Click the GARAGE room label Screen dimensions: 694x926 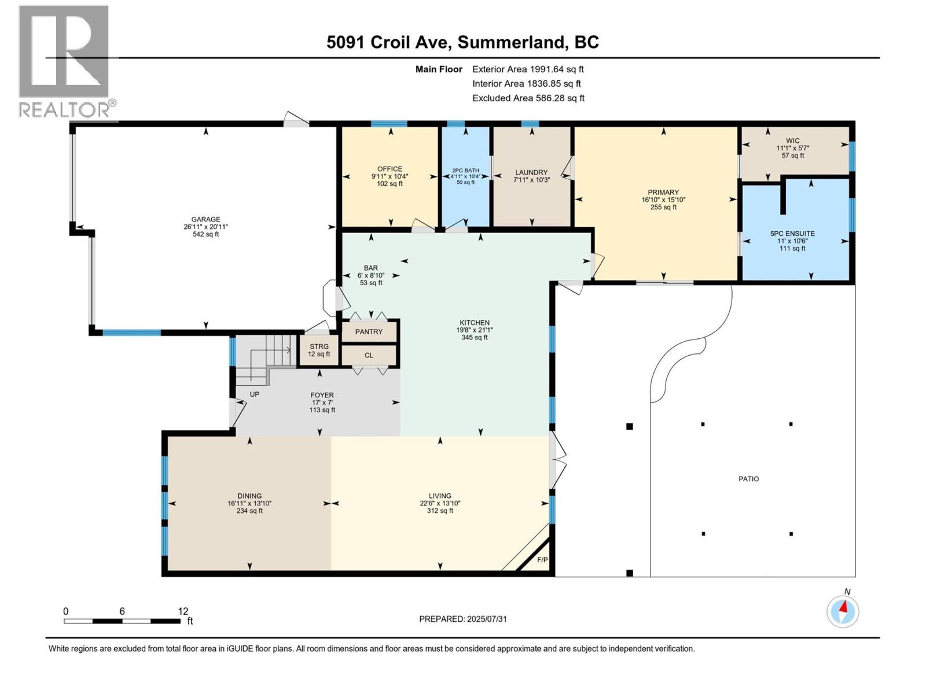click(x=205, y=219)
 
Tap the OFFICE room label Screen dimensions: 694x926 click(x=389, y=169)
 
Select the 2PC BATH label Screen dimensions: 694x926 click(x=465, y=171)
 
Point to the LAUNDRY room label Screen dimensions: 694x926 click(x=531, y=172)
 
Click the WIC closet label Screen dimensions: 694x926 click(x=792, y=141)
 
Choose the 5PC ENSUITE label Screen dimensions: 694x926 click(x=792, y=234)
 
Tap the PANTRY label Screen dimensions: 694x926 click(x=369, y=331)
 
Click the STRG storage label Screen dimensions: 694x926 click(x=319, y=346)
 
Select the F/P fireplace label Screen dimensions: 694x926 click(x=542, y=560)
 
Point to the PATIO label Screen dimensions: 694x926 click(x=748, y=479)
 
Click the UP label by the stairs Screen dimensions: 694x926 click(x=254, y=394)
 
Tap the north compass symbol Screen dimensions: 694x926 click(x=843, y=611)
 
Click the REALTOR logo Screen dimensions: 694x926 click(x=65, y=61)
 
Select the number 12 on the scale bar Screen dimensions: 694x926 click(x=183, y=611)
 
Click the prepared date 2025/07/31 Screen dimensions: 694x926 click(x=487, y=619)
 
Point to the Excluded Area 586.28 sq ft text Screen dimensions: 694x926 click(x=528, y=98)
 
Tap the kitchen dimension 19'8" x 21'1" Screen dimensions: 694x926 click(x=474, y=330)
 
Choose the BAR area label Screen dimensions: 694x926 click(x=370, y=268)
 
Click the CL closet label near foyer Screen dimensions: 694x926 click(x=369, y=355)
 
